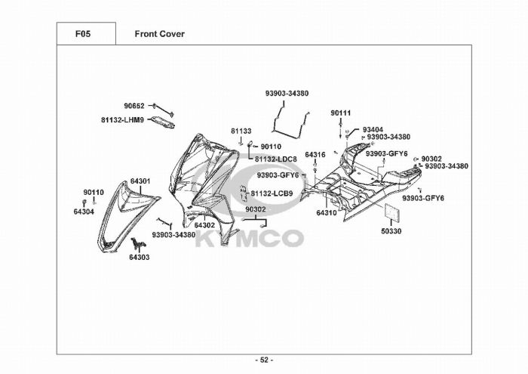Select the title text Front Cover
click(159, 34)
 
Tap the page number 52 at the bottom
click(264, 360)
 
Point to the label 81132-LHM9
click(122, 119)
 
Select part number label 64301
click(140, 181)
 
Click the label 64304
click(84, 212)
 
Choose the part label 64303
click(139, 258)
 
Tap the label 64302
click(204, 225)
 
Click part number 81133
click(241, 131)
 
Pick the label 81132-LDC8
click(275, 159)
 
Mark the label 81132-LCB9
click(272, 193)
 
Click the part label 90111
click(341, 113)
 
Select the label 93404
click(373, 129)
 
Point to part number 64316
click(315, 154)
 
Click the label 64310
click(326, 213)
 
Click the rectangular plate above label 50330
click(393, 213)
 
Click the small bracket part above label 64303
click(137, 243)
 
